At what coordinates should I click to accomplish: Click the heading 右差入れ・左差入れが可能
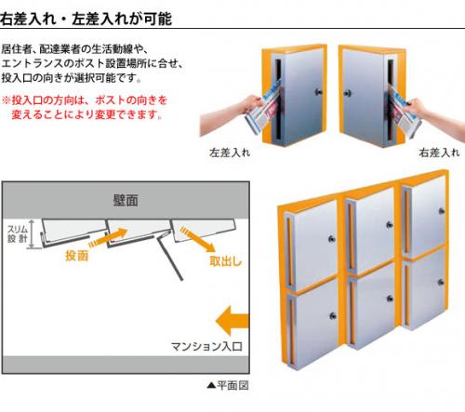[x=86, y=19]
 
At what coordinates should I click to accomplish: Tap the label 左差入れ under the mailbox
[x=230, y=153]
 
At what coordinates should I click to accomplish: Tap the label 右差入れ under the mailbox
[x=439, y=153]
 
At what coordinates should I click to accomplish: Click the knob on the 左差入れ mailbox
[x=319, y=92]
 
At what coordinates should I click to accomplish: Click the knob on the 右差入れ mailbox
[x=347, y=93]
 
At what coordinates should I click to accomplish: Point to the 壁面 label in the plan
[x=126, y=200]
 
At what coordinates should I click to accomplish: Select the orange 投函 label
[x=77, y=256]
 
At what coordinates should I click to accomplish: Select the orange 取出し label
[x=225, y=261]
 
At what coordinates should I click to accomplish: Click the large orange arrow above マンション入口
[x=232, y=321]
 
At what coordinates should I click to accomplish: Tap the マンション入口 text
[x=206, y=346]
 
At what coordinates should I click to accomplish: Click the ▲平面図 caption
[x=228, y=385]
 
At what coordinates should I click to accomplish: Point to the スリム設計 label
[x=18, y=234]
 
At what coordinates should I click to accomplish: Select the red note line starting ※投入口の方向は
[x=85, y=100]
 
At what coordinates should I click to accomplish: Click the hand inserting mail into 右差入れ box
[x=434, y=114]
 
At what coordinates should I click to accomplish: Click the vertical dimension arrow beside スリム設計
[x=31, y=234]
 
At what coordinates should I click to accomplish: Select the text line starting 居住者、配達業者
[x=75, y=49]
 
